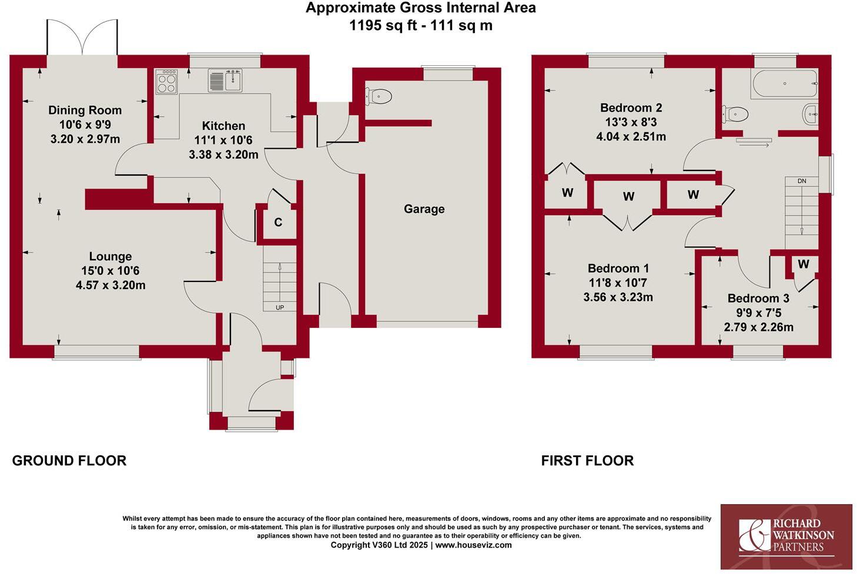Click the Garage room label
(x=424, y=209)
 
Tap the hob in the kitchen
(x=166, y=82)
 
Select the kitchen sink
(x=225, y=80)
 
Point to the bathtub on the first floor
(x=784, y=84)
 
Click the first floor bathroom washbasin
(x=811, y=113)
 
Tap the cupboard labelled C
(x=278, y=222)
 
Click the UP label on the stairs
(x=280, y=307)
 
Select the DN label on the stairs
(x=802, y=181)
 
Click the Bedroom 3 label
(x=758, y=298)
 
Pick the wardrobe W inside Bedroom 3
(x=804, y=264)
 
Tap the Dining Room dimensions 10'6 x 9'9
(x=85, y=125)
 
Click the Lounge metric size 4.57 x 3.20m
(x=111, y=286)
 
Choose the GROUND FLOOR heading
(x=69, y=461)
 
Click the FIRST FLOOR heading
(x=587, y=461)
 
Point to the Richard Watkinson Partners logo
(x=786, y=536)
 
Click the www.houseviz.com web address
(x=473, y=545)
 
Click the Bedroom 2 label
(x=631, y=108)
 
